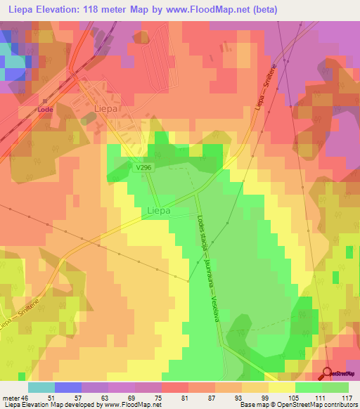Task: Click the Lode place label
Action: pos(46,110)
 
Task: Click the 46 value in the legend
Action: pos(25,397)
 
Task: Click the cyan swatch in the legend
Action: pos(41,387)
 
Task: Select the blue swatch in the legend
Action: pos(68,387)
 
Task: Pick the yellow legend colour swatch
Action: pos(282,387)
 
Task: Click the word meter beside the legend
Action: pos(11,397)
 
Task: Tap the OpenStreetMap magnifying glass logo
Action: pos(328,373)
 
